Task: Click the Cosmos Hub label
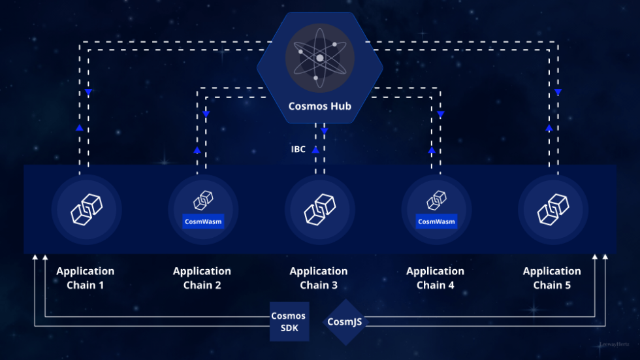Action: (320, 106)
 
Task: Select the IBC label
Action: (298, 150)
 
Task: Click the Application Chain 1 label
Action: (85, 278)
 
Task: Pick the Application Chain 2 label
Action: (202, 278)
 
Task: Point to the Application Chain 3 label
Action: (319, 278)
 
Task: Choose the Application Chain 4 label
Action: (435, 278)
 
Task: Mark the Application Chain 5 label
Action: (552, 278)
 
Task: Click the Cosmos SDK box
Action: (289, 321)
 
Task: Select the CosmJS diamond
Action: (345, 321)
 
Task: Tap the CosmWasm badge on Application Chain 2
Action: (202, 221)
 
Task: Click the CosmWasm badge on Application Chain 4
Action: (436, 221)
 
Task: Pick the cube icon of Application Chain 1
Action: (86, 209)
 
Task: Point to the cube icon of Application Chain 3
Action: (319, 209)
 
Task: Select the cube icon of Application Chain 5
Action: (552, 209)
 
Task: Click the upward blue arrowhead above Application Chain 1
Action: (79, 127)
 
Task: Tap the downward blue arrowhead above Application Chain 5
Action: (558, 92)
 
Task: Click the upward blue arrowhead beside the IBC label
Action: (315, 150)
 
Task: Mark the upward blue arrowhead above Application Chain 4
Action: (432, 150)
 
